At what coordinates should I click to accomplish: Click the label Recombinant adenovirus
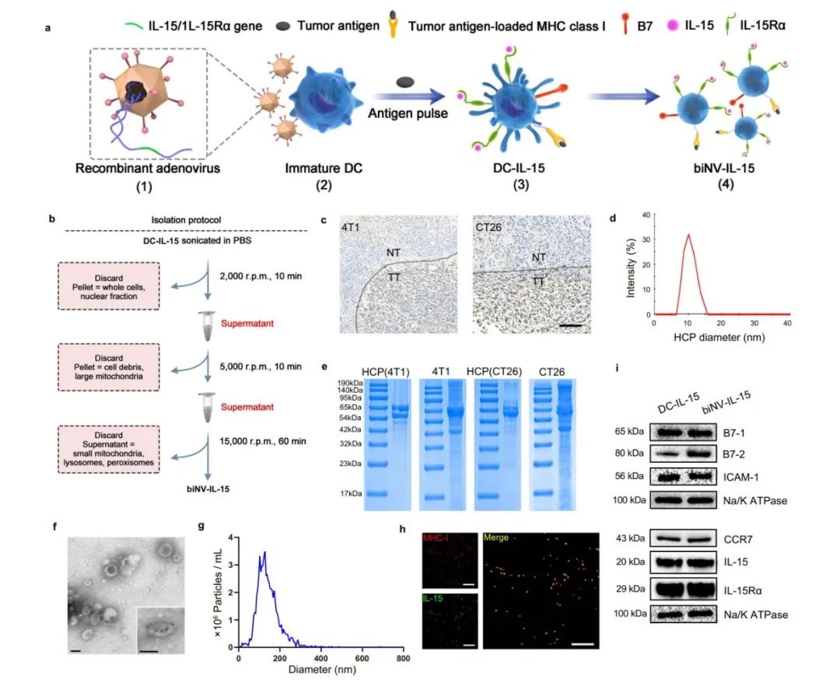pyautogui.click(x=148, y=168)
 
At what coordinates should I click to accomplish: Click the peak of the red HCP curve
pyautogui.click(x=688, y=234)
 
